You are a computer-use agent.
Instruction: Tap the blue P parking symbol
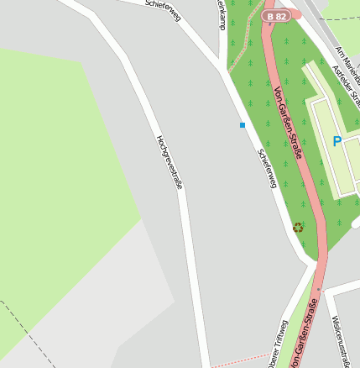(337, 142)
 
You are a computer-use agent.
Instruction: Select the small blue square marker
(243, 125)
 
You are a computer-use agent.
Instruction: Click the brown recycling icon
(298, 227)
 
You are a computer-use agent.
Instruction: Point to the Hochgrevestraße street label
(170, 161)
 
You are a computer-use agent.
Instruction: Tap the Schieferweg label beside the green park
(266, 168)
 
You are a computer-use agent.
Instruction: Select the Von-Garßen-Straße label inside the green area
(288, 123)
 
